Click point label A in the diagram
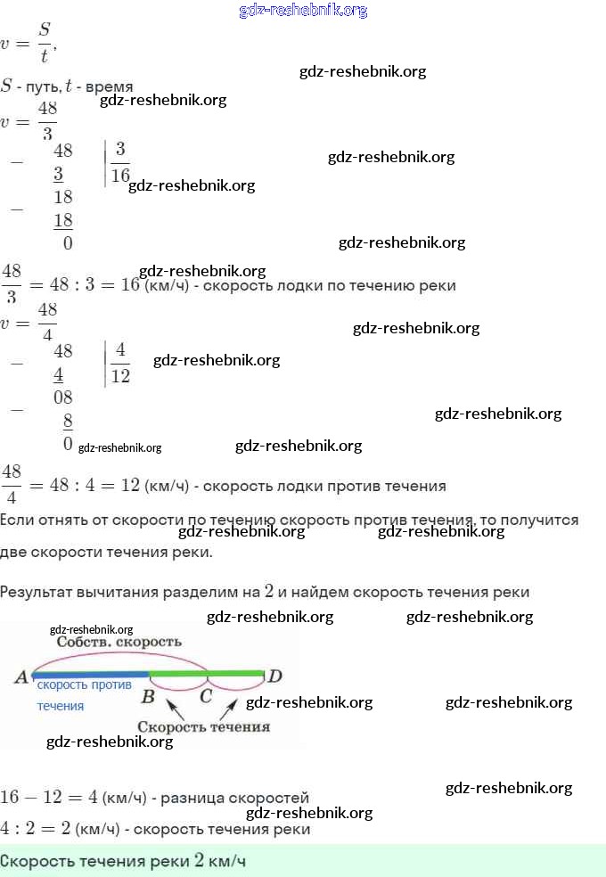click(x=20, y=677)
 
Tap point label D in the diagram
click(x=275, y=677)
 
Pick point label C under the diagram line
click(x=206, y=696)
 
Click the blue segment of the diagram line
click(x=89, y=675)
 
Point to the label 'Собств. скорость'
click(x=119, y=642)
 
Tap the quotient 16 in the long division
click(x=120, y=174)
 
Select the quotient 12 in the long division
click(x=120, y=375)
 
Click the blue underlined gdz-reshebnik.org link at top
click(x=303, y=11)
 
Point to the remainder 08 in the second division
click(x=62, y=398)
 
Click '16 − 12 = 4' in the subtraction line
click(x=48, y=797)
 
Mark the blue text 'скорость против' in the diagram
click(x=84, y=685)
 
